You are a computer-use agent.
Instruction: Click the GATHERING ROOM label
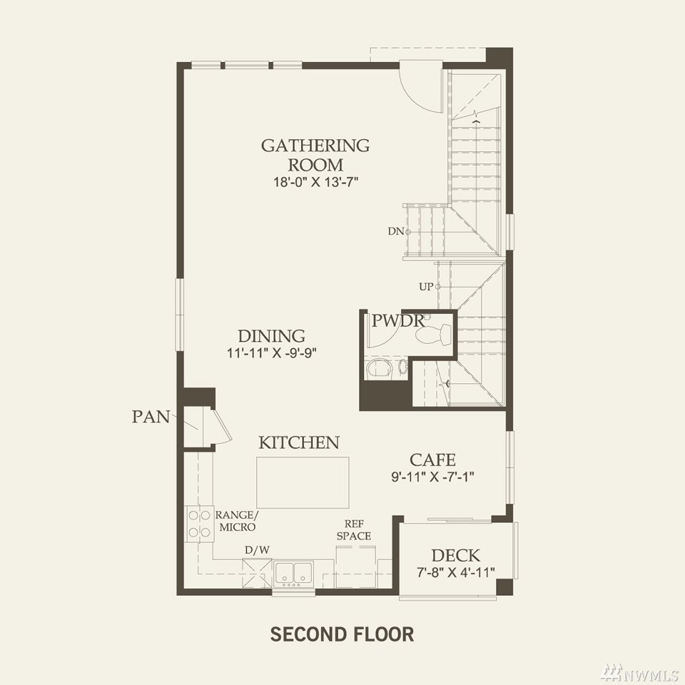tap(315, 155)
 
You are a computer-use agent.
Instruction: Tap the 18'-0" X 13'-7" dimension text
tap(316, 182)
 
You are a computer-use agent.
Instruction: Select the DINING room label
tap(271, 336)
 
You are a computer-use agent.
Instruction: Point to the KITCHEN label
tap(299, 442)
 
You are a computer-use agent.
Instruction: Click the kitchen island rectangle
tap(303, 482)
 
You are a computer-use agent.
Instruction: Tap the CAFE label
tap(432, 460)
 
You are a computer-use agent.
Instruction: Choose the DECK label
tap(456, 556)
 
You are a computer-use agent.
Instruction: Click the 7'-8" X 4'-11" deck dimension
tap(456, 572)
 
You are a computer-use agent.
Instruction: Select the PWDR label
tap(397, 321)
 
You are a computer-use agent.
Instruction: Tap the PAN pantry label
tap(151, 417)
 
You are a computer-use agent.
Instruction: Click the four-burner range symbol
tap(200, 524)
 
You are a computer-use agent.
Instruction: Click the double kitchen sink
tap(293, 573)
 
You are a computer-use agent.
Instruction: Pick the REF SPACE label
tap(354, 530)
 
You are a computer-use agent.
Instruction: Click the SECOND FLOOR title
tap(342, 634)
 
